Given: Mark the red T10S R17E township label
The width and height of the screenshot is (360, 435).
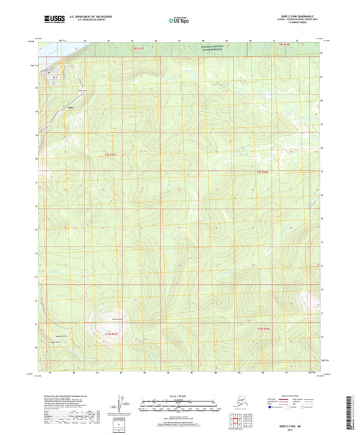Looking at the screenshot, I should (111, 333).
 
